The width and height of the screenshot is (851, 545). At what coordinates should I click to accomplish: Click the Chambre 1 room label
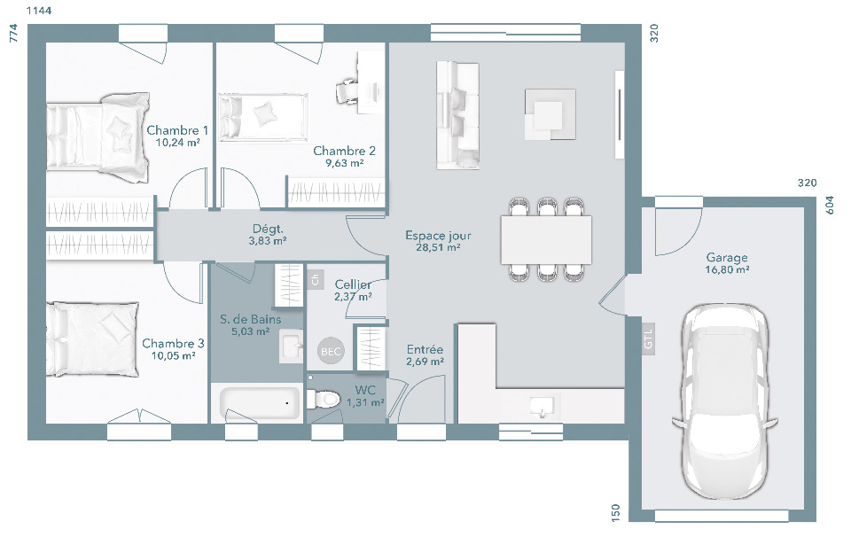click(x=177, y=130)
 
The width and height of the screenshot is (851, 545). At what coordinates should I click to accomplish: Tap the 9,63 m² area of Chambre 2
click(x=344, y=163)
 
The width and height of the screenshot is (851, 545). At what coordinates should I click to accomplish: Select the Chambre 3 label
click(x=173, y=344)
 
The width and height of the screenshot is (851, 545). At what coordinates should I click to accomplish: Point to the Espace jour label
click(x=438, y=236)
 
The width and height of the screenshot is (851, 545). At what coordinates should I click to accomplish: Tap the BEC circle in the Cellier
click(x=331, y=351)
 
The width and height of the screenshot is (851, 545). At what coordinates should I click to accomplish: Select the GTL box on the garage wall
click(x=649, y=339)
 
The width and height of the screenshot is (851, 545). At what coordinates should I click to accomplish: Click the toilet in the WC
click(x=323, y=399)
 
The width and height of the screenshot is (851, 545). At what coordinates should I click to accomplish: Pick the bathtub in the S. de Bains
click(x=260, y=403)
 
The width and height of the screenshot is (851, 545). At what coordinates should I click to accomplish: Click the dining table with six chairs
click(x=546, y=239)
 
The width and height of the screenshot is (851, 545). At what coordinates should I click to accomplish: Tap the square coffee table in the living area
click(x=550, y=114)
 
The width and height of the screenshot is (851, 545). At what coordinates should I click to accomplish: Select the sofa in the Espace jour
click(x=457, y=115)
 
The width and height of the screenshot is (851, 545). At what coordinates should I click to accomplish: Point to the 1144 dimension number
click(x=38, y=11)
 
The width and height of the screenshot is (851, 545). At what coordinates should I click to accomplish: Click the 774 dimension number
click(x=13, y=33)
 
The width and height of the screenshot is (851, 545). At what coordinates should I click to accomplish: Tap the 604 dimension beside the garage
click(x=830, y=206)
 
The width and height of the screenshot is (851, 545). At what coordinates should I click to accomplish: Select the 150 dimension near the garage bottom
click(x=615, y=513)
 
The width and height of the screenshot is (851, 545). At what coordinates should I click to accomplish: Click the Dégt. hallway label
click(x=268, y=229)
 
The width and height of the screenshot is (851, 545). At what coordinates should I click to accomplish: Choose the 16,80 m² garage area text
click(x=727, y=269)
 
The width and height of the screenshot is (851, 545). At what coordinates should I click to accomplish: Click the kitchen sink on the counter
click(x=541, y=406)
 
